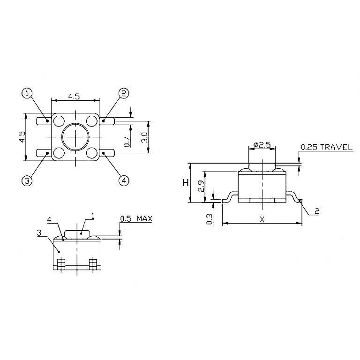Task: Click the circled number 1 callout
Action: (x=27, y=93)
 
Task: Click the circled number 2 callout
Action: (x=124, y=93)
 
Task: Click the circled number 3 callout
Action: (x=27, y=180)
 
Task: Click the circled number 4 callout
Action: (x=124, y=180)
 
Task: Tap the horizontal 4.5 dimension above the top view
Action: (x=74, y=97)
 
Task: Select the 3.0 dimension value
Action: (x=144, y=137)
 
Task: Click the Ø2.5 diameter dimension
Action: (x=262, y=145)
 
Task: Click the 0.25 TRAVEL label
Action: (x=326, y=147)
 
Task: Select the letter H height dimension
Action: (x=186, y=183)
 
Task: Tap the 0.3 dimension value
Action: (x=209, y=218)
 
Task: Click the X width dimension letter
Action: (x=262, y=219)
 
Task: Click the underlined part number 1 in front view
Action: (x=93, y=216)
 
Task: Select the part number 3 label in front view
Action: (x=39, y=232)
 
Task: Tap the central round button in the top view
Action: (x=75, y=136)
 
